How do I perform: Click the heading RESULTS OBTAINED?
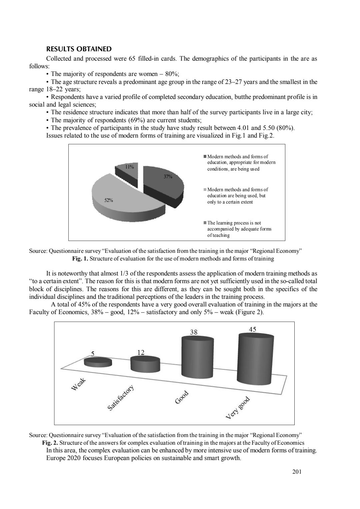[x=79, y=49]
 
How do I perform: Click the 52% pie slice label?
[x=109, y=201]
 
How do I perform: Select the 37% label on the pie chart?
[x=168, y=177]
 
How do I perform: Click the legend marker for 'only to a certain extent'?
[x=205, y=190]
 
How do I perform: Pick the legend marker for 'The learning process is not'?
[x=205, y=223]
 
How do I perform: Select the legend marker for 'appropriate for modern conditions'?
[x=205, y=157]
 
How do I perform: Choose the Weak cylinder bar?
[x=98, y=362]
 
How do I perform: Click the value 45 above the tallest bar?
[x=253, y=329]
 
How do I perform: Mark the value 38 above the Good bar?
[x=194, y=332]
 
